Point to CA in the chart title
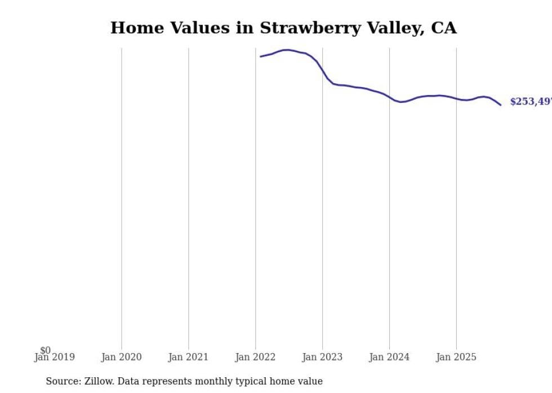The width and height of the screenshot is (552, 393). [x=443, y=28]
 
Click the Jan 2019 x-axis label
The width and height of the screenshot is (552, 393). [x=54, y=357]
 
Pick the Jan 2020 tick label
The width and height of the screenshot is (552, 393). [x=121, y=357]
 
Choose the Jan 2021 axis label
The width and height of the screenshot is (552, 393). [x=188, y=357]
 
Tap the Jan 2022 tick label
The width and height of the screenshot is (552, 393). [x=255, y=357]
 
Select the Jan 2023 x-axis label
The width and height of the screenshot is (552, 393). [x=322, y=357]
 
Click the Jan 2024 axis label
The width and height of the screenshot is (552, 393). [x=389, y=357]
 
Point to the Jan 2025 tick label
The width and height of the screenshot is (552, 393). [x=456, y=357]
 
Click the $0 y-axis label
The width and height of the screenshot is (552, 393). [x=45, y=350]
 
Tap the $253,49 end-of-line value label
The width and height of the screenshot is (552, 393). [x=530, y=102]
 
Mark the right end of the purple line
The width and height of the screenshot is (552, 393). [x=500, y=105]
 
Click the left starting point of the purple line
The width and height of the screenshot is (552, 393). [x=260, y=56]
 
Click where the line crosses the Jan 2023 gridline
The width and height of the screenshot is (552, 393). [x=322, y=71]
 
